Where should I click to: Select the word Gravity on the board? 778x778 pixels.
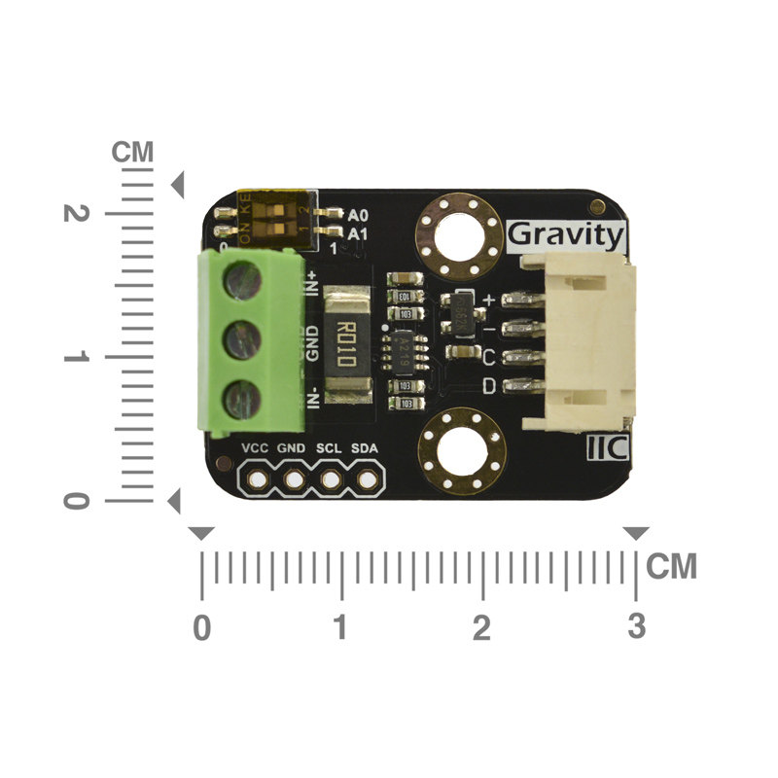(x=566, y=234)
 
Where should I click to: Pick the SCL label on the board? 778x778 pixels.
(x=330, y=448)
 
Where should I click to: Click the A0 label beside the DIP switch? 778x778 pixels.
(x=358, y=215)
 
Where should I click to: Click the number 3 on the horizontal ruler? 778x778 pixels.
(x=636, y=628)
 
